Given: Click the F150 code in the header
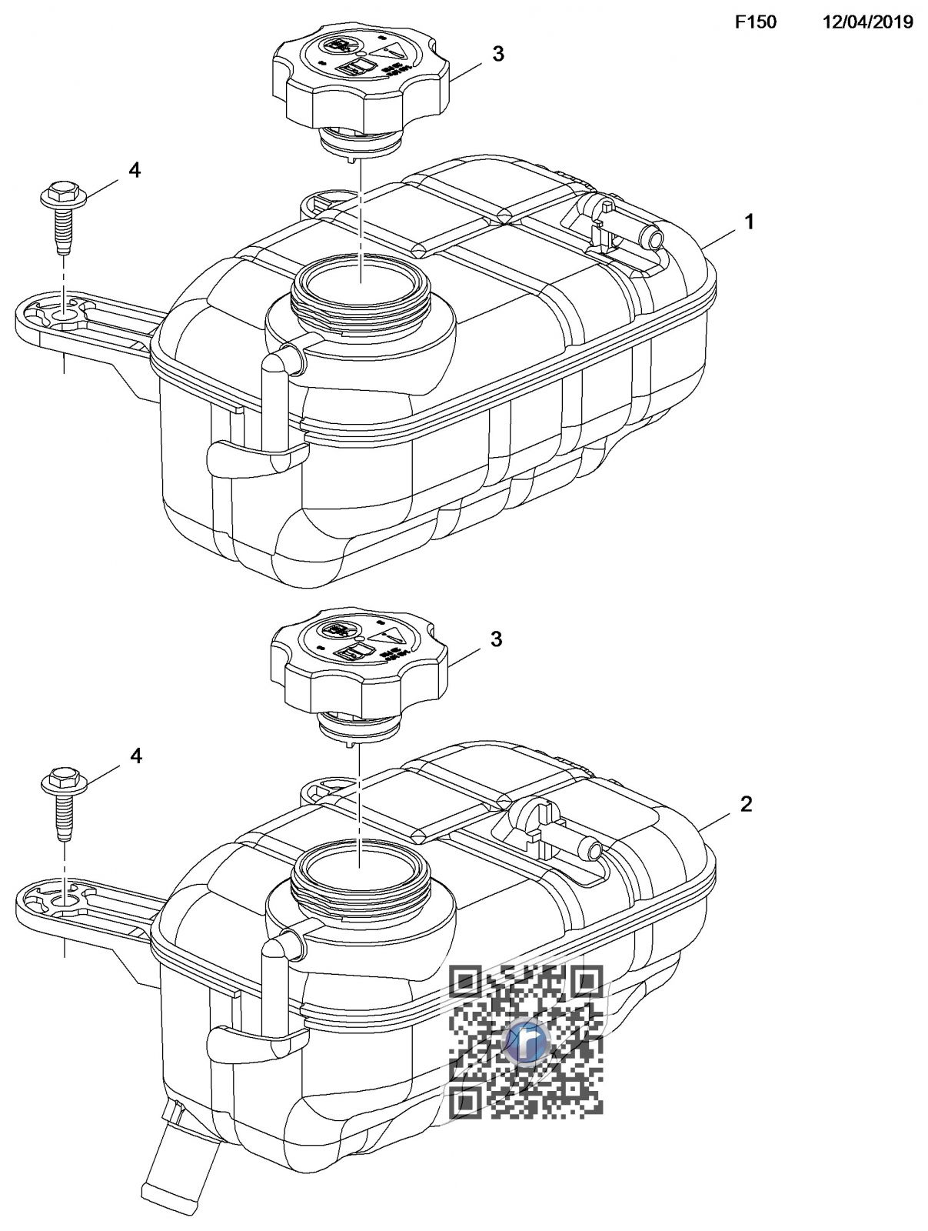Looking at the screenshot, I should click(x=755, y=22).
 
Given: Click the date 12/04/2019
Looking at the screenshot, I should click(x=868, y=22).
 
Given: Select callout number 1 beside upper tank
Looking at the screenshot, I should click(x=749, y=222).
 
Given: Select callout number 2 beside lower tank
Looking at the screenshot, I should click(x=746, y=805).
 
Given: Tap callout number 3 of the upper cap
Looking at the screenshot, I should click(x=498, y=55).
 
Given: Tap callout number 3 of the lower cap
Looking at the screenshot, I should click(x=497, y=639).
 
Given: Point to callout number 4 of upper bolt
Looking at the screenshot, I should click(x=135, y=170).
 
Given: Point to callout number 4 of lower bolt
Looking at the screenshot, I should click(x=135, y=756).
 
